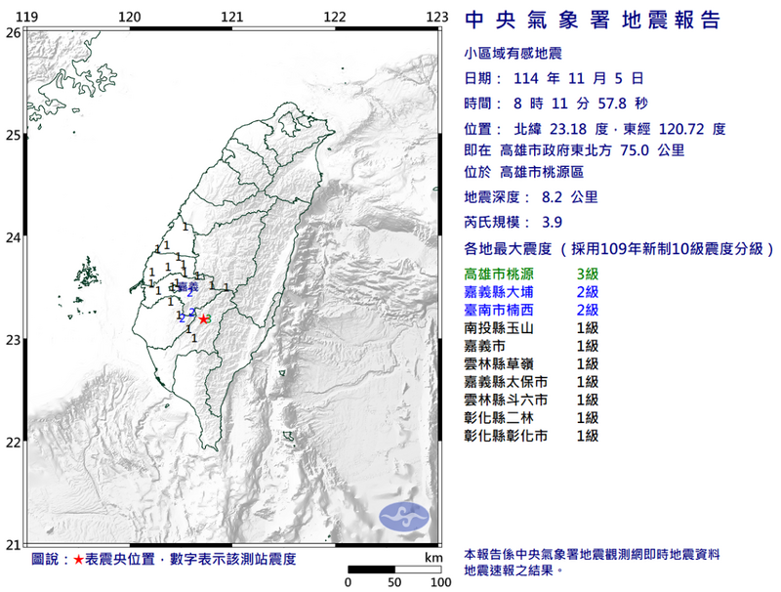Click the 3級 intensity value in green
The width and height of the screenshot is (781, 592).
[x=588, y=275]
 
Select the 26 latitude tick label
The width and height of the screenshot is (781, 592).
[x=13, y=32]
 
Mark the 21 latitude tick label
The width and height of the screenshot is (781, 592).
[x=13, y=545]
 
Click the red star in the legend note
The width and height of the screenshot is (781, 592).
[x=78, y=560]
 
